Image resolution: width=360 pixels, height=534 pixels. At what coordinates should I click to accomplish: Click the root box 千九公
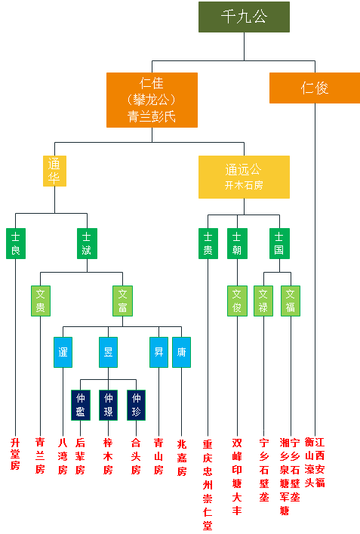coord(244,17)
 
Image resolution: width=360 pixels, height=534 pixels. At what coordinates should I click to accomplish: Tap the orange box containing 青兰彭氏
coord(152,99)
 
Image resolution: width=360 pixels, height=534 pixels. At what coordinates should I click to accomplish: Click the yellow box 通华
coord(54,171)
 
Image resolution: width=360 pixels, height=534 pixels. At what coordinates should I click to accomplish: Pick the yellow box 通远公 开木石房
coord(243,177)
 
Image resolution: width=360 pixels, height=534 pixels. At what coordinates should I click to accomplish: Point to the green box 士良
coord(15,243)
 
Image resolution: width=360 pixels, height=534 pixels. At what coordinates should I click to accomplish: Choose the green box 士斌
coord(88,243)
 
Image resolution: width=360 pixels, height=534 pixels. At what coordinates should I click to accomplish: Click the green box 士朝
coord(238,243)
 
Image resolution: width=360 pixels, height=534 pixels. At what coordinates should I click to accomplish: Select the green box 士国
coord(279,243)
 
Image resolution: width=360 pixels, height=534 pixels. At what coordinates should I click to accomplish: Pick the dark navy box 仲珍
coord(136,404)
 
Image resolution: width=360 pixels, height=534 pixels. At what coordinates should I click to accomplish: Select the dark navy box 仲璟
coord(108,404)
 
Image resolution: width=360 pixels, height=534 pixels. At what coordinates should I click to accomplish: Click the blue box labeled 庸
coord(181,352)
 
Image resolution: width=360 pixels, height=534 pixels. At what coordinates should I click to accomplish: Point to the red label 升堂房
coord(15,454)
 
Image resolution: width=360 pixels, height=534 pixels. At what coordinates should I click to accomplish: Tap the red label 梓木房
coord(108,454)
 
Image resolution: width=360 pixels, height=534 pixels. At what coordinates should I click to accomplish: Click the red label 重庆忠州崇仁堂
coord(208,483)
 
